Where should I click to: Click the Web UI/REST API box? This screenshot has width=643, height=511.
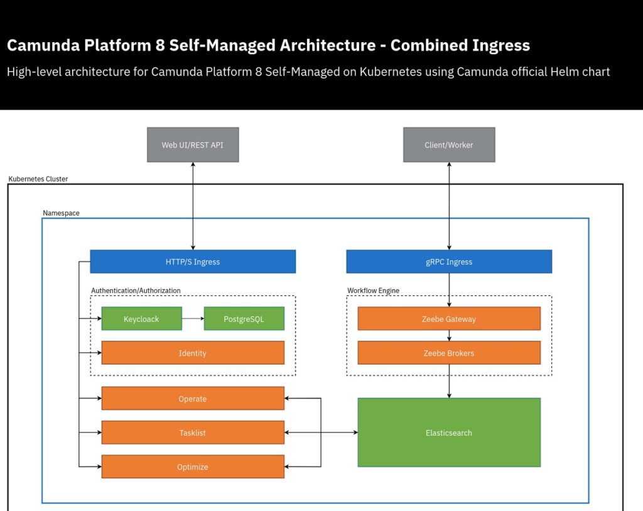click(x=193, y=145)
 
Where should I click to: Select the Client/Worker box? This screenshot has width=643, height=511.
click(x=449, y=145)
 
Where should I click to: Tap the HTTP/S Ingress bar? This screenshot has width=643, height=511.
click(x=193, y=261)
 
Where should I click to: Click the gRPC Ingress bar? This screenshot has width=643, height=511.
click(x=449, y=261)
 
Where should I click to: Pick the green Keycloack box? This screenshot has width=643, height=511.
click(x=141, y=319)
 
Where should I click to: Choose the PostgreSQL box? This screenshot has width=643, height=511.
click(x=244, y=319)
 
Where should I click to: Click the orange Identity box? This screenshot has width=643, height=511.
click(x=193, y=353)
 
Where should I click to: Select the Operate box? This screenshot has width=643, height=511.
click(x=193, y=398)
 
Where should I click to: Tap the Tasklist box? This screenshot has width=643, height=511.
click(x=193, y=432)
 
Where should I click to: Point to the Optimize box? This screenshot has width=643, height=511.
click(x=193, y=466)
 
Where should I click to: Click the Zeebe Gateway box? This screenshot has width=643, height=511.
click(x=449, y=319)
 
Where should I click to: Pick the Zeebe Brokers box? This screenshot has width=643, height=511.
click(x=449, y=353)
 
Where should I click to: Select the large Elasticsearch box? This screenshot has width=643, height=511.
click(x=449, y=432)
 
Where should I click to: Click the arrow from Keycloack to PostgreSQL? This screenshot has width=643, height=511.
click(x=193, y=319)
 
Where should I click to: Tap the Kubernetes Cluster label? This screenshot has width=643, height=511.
click(x=38, y=179)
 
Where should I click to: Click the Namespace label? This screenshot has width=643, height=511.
click(x=61, y=213)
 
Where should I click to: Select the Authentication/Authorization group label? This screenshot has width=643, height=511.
click(x=136, y=290)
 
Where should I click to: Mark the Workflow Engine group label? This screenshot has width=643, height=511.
click(x=373, y=290)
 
